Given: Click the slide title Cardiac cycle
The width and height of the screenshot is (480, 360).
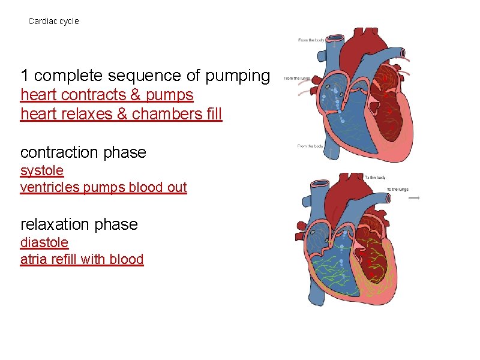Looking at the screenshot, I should click(x=53, y=21).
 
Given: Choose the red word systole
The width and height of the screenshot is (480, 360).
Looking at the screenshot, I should click(x=42, y=171).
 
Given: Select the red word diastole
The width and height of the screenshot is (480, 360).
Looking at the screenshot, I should click(x=44, y=243).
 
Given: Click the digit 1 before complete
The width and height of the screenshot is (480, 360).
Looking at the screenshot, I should click(x=25, y=76).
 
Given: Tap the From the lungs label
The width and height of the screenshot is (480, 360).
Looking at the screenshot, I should click(x=296, y=79).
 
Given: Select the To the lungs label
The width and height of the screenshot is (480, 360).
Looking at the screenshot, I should click(x=397, y=190).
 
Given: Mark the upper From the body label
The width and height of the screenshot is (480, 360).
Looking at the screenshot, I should click(x=311, y=40).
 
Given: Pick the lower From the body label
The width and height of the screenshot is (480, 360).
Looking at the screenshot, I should click(x=310, y=146).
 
